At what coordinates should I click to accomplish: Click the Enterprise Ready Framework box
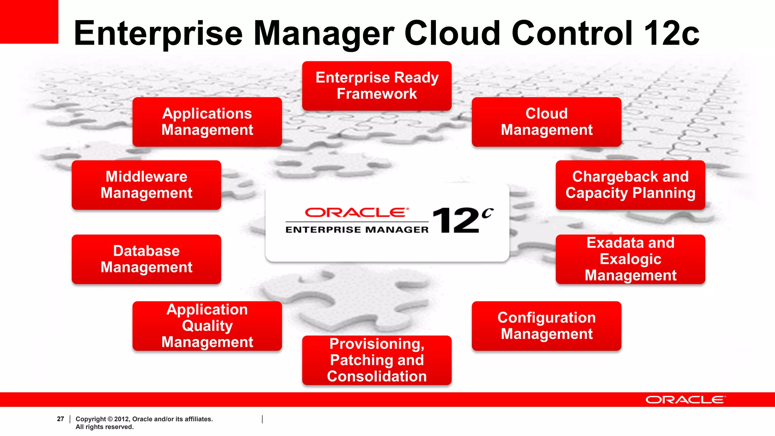coord(377,86)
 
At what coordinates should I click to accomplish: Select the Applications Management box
coord(207,122)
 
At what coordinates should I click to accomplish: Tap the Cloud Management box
coord(546,122)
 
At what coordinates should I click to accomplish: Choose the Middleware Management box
coord(146,185)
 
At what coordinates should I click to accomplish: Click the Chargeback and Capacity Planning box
coord(630,185)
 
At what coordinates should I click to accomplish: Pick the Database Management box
coord(146,259)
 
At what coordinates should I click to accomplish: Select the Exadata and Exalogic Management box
coord(630,259)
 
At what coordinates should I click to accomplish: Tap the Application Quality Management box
coord(207,326)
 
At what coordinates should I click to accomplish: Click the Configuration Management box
coord(546,326)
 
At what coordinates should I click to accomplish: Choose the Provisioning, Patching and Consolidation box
coord(377,360)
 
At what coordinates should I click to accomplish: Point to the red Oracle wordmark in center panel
coord(357,212)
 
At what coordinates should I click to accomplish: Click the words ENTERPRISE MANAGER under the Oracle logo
coord(357,230)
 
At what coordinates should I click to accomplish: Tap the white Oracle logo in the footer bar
coord(685,400)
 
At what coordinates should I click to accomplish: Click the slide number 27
coord(61,419)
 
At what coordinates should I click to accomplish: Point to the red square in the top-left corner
coord(29,21)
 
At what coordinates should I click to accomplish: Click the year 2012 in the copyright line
coord(121,419)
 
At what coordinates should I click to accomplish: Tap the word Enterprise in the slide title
coord(158,34)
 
